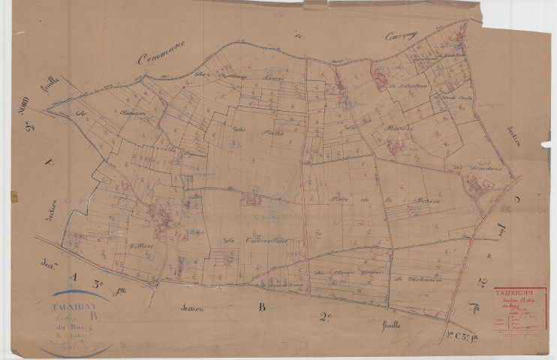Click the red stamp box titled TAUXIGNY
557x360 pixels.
click(x=520, y=308)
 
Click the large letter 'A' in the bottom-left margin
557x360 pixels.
click(x=73, y=277)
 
